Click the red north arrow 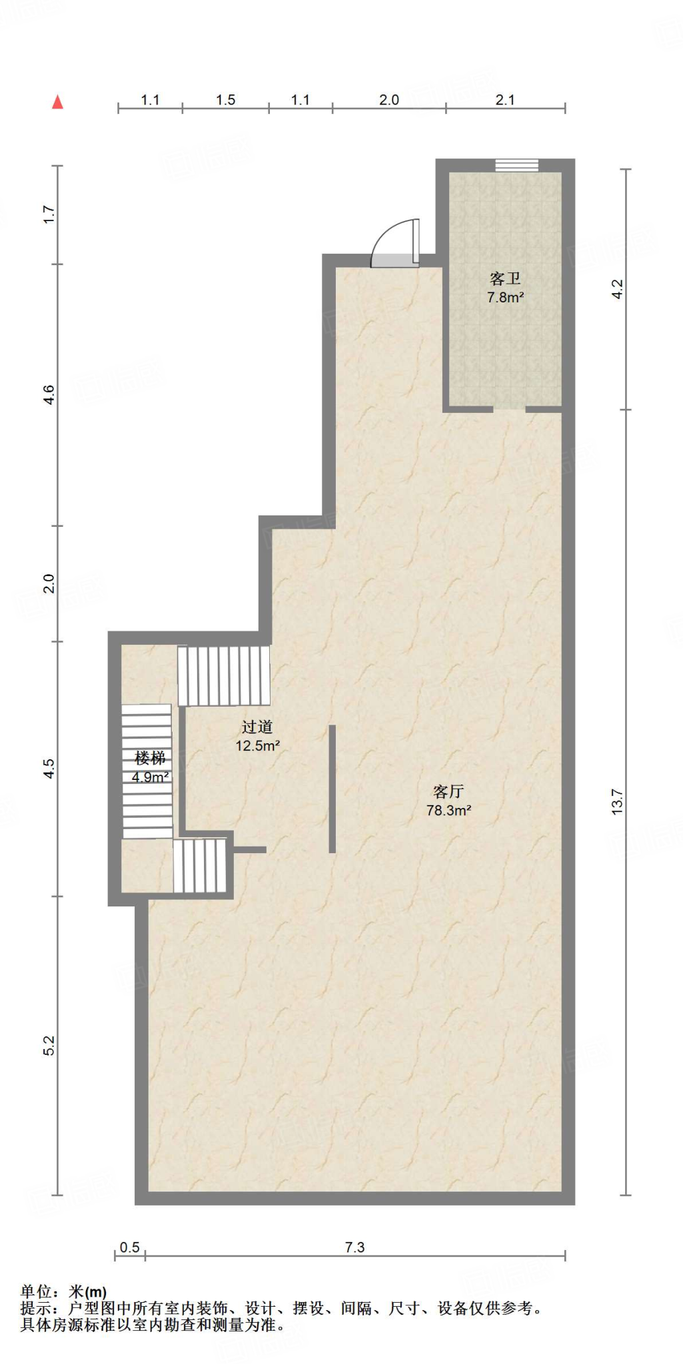coord(58,102)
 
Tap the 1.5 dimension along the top coord(226,100)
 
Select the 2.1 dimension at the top coord(505,100)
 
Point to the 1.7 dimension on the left coord(49,214)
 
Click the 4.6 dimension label coord(49,395)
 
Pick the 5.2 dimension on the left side coord(49,1046)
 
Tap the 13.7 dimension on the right coord(617,801)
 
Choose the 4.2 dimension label coord(617,289)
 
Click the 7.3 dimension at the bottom coord(355,1247)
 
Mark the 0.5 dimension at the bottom coord(130,1247)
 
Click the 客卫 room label coord(505,278)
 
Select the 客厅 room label coord(448,791)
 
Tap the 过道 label coord(257,727)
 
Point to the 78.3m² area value coord(449,811)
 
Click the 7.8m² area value coord(506,298)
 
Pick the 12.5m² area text coord(258,746)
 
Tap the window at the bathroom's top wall coord(516,165)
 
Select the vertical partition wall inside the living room coord(332,789)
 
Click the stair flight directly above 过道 coord(224,675)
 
